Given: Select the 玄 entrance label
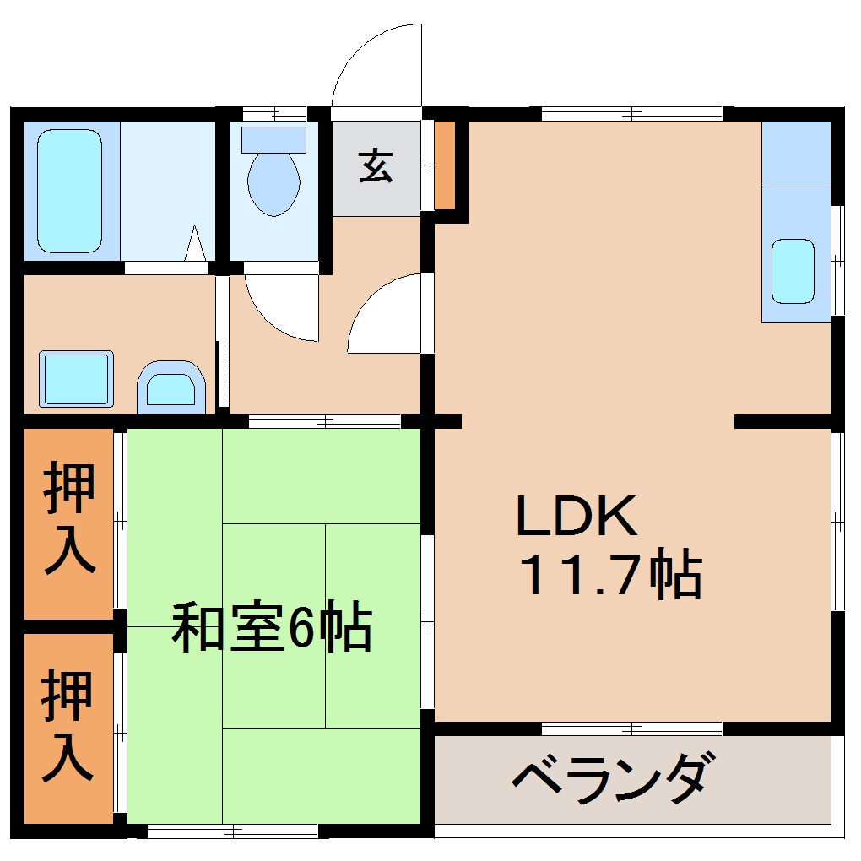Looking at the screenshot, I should click(x=376, y=166).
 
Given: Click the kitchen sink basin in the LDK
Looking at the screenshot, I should click(x=793, y=271).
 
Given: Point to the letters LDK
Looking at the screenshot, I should click(x=576, y=517).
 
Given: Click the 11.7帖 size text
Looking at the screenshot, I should click(x=609, y=576).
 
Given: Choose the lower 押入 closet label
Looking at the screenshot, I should click(x=68, y=724).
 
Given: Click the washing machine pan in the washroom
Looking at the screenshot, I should click(x=76, y=379).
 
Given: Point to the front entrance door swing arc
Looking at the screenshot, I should click(x=376, y=68).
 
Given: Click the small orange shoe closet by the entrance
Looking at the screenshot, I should click(x=445, y=165).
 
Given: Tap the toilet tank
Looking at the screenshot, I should click(x=273, y=139).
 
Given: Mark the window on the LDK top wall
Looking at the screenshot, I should click(x=631, y=112).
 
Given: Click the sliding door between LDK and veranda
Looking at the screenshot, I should click(x=631, y=728).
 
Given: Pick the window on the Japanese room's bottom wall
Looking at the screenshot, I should click(x=233, y=831).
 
